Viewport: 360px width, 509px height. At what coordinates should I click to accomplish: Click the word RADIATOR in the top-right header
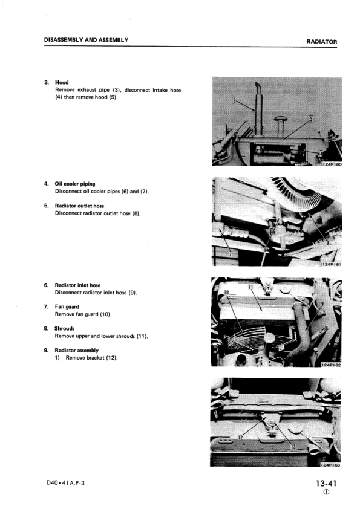tap(322, 42)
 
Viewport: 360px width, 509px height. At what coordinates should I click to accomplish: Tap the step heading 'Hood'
tap(62, 82)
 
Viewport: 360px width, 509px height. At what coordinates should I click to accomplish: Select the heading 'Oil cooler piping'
tap(75, 184)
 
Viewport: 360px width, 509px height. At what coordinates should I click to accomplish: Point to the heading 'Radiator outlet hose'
tap(80, 206)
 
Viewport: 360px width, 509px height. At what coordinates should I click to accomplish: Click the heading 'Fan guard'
tap(67, 306)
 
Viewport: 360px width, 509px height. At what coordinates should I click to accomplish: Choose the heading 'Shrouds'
tap(64, 328)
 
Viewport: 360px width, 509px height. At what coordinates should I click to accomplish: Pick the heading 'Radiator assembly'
tap(77, 351)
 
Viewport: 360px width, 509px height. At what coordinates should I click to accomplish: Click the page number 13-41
tap(326, 484)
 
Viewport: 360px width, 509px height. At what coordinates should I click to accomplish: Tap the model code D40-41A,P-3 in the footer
tap(65, 483)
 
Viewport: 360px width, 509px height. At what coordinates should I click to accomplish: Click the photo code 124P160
tap(332, 164)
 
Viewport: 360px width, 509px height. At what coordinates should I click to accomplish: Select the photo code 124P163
tap(330, 465)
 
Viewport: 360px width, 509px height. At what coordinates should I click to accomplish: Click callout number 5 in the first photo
tap(311, 117)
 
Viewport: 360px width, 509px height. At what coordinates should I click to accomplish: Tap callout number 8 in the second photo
tap(329, 242)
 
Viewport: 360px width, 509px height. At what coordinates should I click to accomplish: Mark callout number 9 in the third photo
tap(322, 304)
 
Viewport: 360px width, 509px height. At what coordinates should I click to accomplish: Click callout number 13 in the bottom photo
tap(293, 447)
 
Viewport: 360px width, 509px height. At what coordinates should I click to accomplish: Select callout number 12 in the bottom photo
tap(240, 438)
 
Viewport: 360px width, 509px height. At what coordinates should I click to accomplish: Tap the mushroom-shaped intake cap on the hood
tap(280, 119)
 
